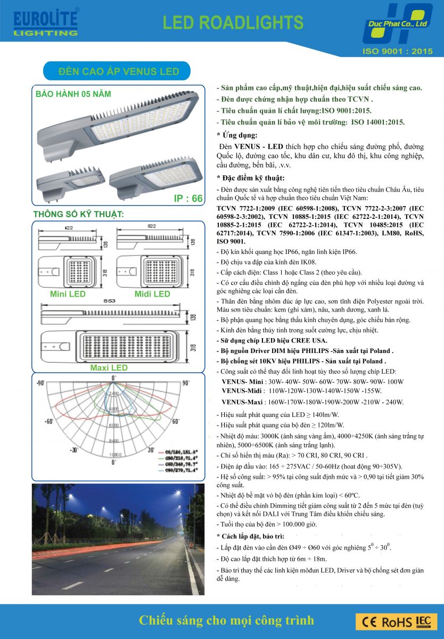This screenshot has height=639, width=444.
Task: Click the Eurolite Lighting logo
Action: tap(45, 22)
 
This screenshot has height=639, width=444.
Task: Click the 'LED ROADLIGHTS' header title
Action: tap(233, 22)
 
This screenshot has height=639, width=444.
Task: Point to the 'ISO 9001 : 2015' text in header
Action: tap(397, 52)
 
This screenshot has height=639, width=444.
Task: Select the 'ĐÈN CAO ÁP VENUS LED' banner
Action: tap(118, 71)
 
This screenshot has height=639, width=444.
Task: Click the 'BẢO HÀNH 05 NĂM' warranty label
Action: tap(73, 94)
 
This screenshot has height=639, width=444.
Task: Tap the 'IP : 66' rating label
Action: tap(188, 199)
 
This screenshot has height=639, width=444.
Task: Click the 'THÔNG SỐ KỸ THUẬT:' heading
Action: tap(78, 215)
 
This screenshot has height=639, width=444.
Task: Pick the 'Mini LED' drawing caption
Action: tap(68, 294)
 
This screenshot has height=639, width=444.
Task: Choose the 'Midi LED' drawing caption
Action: tap(152, 294)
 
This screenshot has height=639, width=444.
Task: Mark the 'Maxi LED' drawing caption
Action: tap(109, 367)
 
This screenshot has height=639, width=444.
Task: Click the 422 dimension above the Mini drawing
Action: tap(69, 227)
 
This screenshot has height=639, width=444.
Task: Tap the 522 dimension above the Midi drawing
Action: tap(152, 227)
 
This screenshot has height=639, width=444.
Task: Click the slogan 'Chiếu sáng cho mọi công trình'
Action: tap(226, 620)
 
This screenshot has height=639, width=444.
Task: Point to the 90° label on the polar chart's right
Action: tap(186, 383)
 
